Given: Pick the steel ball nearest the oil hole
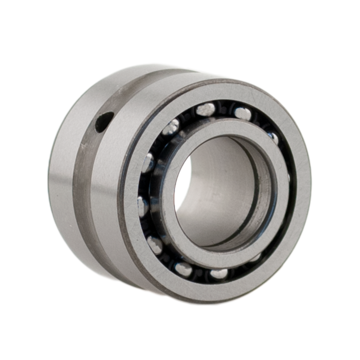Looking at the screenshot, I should coord(172,127).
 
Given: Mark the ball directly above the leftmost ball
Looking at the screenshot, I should coord(148,163).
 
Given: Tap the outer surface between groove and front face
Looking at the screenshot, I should coord(108,206).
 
